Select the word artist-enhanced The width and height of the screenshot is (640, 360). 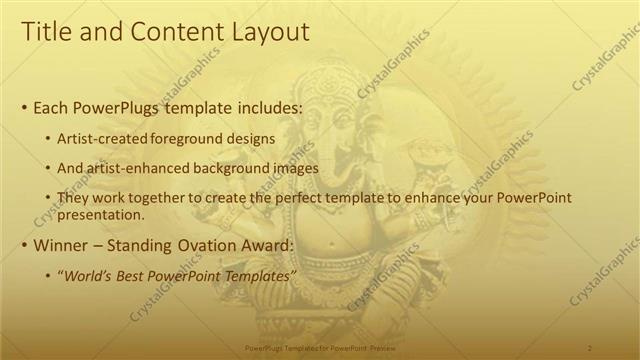(x=142, y=168)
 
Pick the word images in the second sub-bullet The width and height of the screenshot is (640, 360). (x=297, y=168)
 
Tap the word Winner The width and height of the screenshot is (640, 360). (x=61, y=245)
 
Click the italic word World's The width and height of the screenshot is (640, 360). (x=88, y=275)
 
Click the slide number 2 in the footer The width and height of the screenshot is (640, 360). (x=590, y=347)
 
